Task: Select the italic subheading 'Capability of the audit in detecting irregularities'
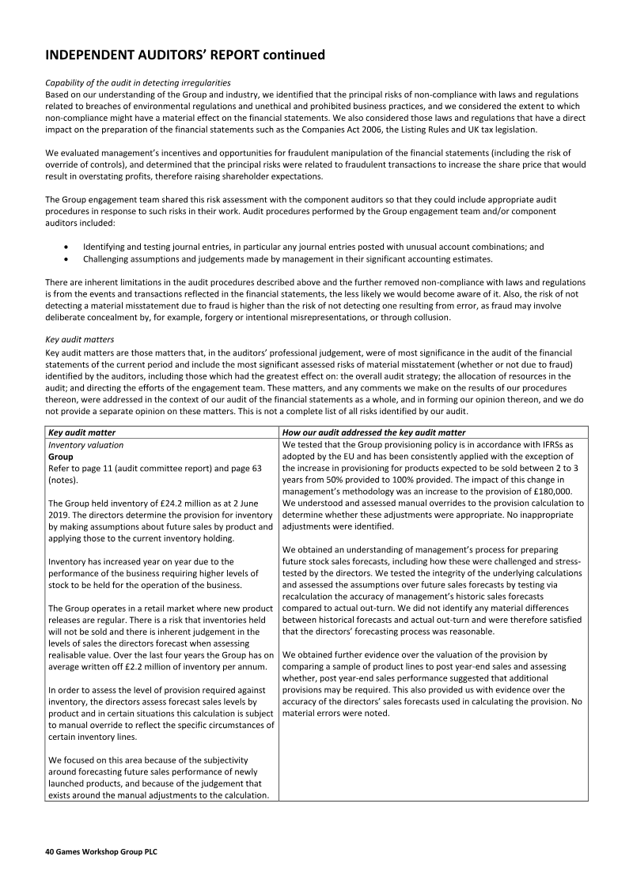138,83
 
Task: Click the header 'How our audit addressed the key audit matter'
374,432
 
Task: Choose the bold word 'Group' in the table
61,457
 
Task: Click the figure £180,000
550,491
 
